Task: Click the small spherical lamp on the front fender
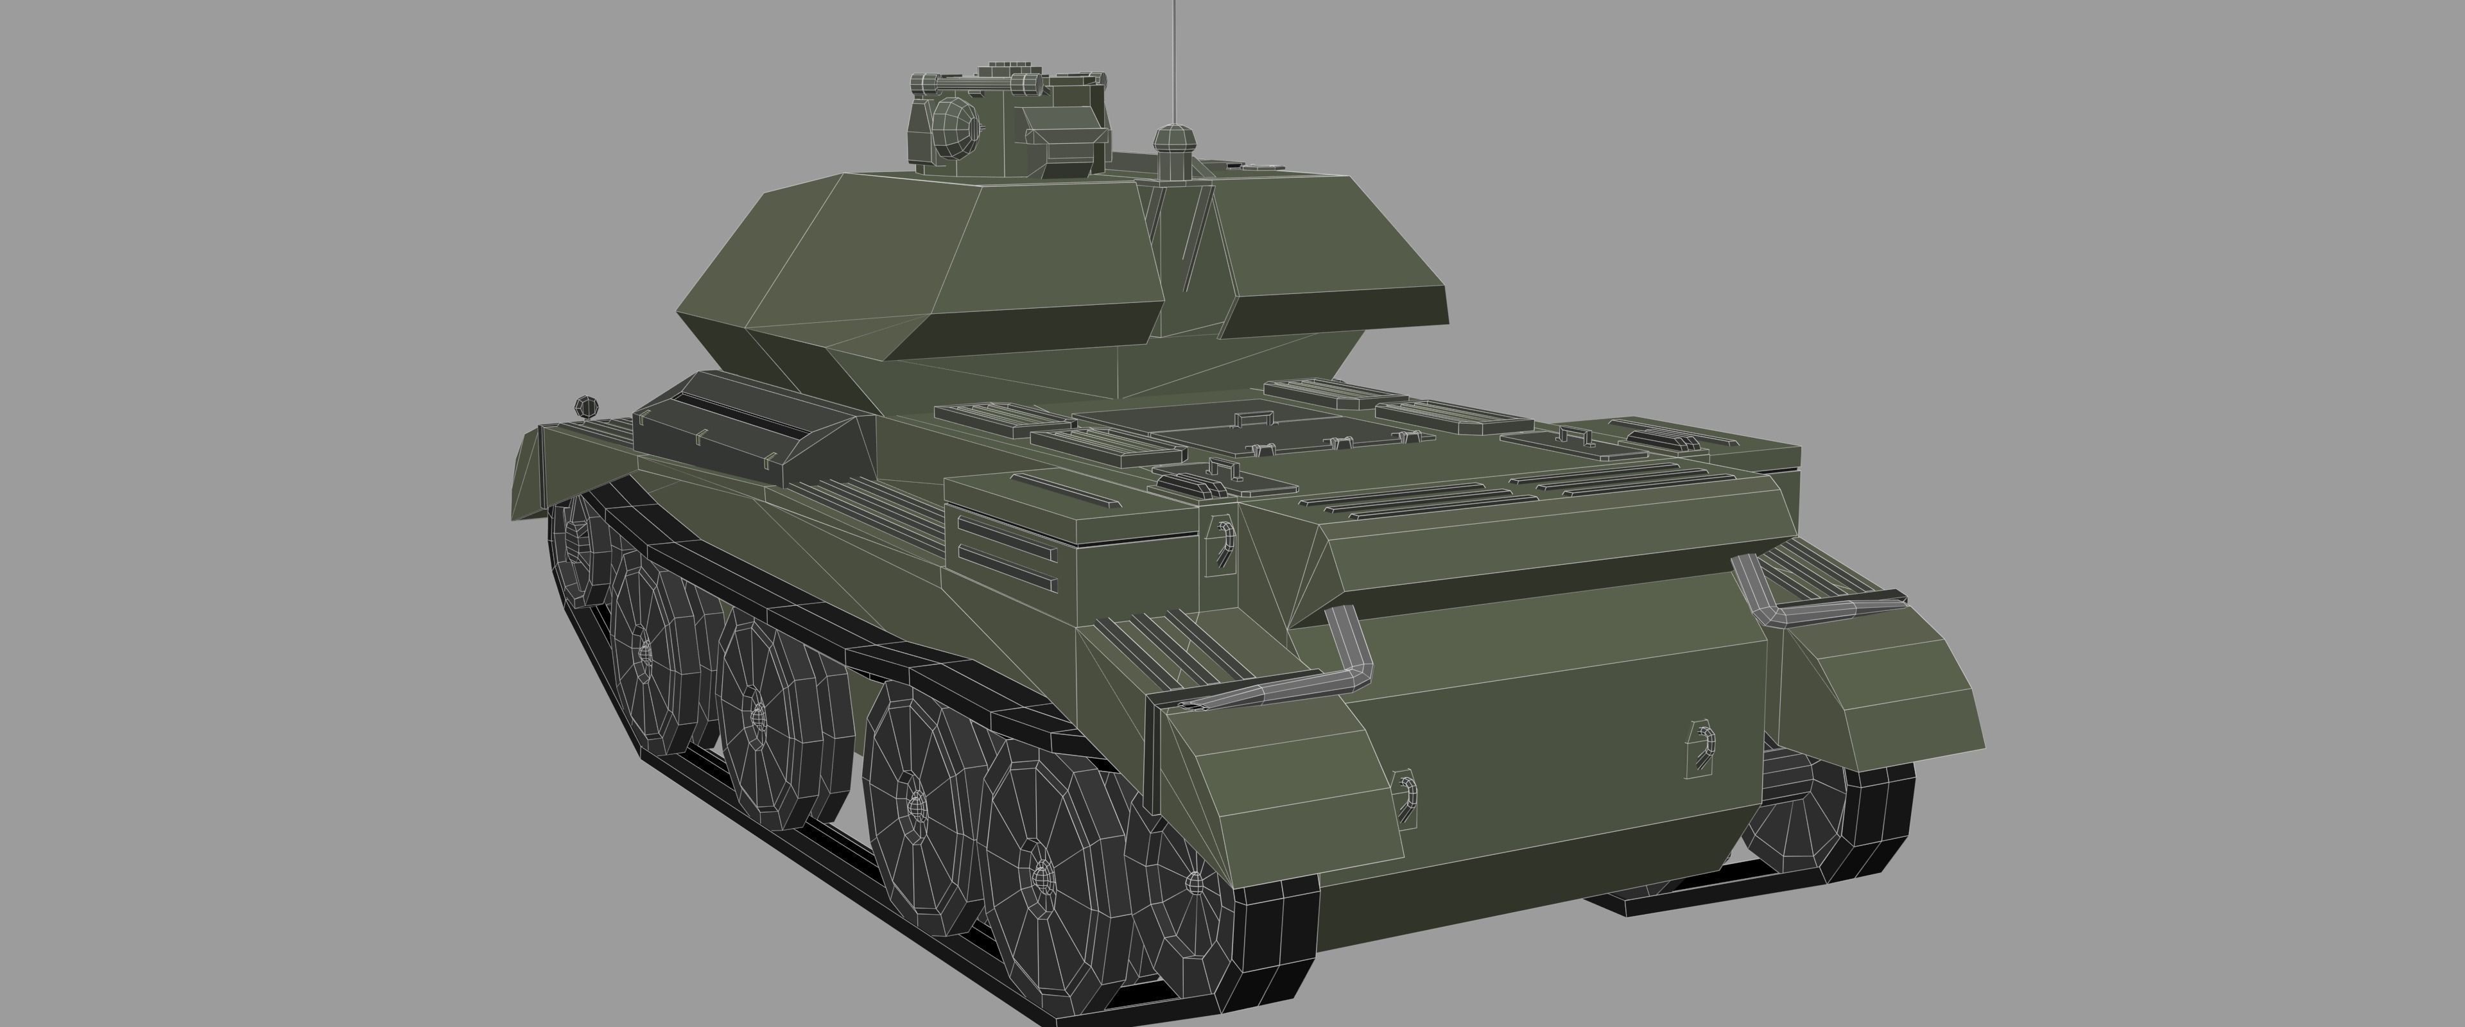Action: coord(585,407)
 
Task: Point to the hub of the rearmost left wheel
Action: coord(1194,881)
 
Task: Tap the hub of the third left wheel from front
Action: coord(758,713)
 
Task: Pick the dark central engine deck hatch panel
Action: coord(1244,435)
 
